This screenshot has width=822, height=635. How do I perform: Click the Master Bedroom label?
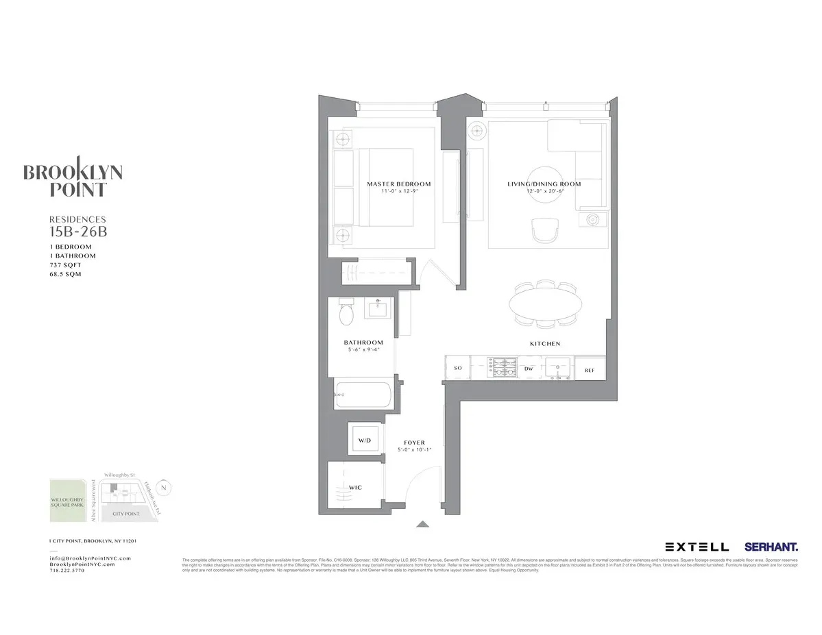(398, 184)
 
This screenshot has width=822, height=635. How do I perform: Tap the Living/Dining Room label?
(544, 184)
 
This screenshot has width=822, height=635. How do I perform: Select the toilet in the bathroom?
(347, 315)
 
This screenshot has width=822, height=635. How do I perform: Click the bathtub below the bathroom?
(363, 395)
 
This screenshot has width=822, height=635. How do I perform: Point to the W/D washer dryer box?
(364, 440)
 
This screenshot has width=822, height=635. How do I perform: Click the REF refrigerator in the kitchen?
(589, 370)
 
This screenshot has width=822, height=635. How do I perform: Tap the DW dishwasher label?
(529, 369)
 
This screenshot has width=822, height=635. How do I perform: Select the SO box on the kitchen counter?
(458, 369)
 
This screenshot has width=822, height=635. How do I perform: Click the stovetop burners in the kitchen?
(503, 369)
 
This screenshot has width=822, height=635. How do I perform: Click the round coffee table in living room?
(544, 184)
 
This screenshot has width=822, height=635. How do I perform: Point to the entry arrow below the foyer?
(423, 525)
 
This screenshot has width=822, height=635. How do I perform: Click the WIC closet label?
(355, 487)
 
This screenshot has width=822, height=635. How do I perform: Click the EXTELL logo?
(697, 547)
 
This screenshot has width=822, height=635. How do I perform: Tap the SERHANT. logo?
(771, 547)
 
